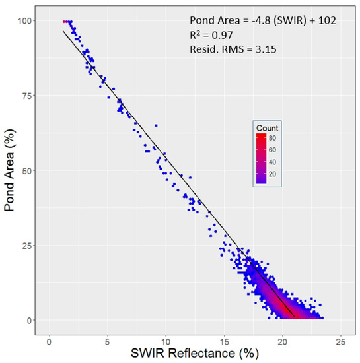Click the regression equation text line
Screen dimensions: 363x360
point(262,20)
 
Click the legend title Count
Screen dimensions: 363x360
point(268,127)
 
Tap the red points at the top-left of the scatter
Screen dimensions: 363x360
point(65,22)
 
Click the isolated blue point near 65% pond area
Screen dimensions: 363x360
point(156,125)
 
